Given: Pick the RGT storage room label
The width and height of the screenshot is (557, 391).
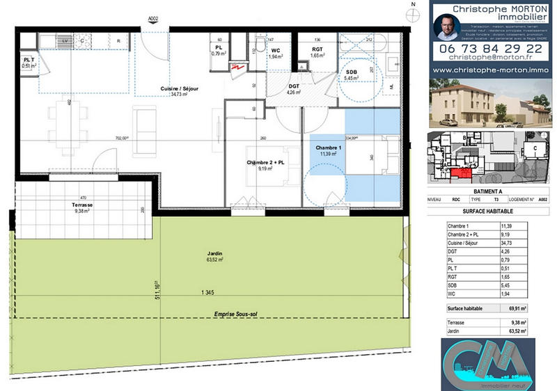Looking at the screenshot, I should click(317, 51).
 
